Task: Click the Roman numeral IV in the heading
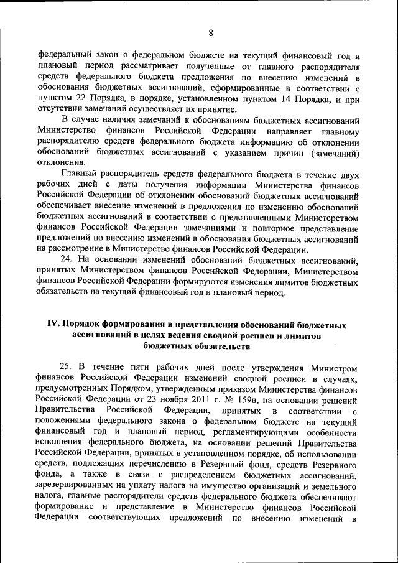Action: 53,326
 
